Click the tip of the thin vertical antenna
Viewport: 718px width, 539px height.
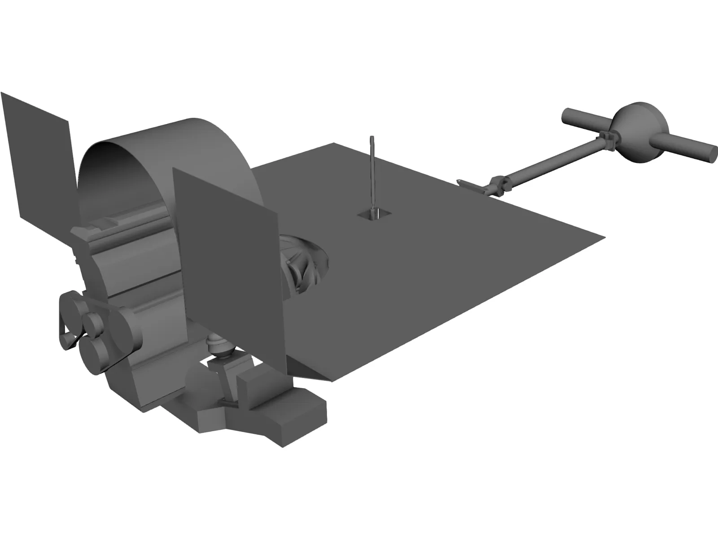tap(372, 138)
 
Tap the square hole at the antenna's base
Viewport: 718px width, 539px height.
tap(373, 214)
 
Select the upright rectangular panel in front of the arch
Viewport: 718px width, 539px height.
tap(224, 252)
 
